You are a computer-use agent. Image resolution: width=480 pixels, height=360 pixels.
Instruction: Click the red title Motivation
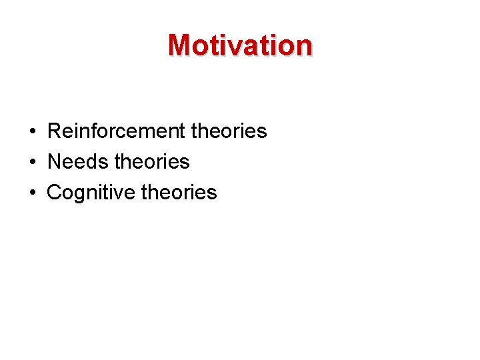tap(240, 45)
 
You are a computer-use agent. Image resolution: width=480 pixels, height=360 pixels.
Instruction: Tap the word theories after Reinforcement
tap(229, 131)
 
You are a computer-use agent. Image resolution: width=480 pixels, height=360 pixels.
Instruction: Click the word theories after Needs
tap(152, 162)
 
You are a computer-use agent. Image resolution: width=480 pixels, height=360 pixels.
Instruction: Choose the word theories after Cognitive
tap(179, 193)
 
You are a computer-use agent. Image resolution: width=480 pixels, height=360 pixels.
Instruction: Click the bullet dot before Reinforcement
tap(32, 132)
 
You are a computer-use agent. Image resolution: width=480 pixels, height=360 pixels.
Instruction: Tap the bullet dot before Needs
tap(32, 163)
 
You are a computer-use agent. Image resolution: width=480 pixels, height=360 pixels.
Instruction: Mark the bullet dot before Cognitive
tap(32, 193)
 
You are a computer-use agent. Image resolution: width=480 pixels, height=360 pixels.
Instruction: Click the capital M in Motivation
tap(180, 45)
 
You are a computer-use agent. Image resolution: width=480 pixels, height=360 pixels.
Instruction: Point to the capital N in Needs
tap(55, 162)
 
